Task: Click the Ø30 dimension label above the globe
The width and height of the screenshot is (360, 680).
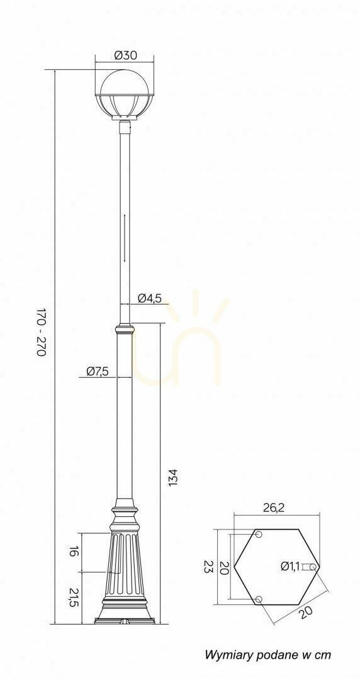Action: tap(125, 55)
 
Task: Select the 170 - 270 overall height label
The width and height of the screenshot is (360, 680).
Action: tap(41, 332)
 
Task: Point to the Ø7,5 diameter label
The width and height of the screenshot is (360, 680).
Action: tap(97, 371)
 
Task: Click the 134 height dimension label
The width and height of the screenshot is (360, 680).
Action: tap(173, 477)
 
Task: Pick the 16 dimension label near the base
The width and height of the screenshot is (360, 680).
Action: tap(74, 552)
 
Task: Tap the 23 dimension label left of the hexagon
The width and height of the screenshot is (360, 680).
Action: tap(208, 566)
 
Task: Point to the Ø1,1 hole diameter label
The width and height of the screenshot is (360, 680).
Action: tap(290, 565)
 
